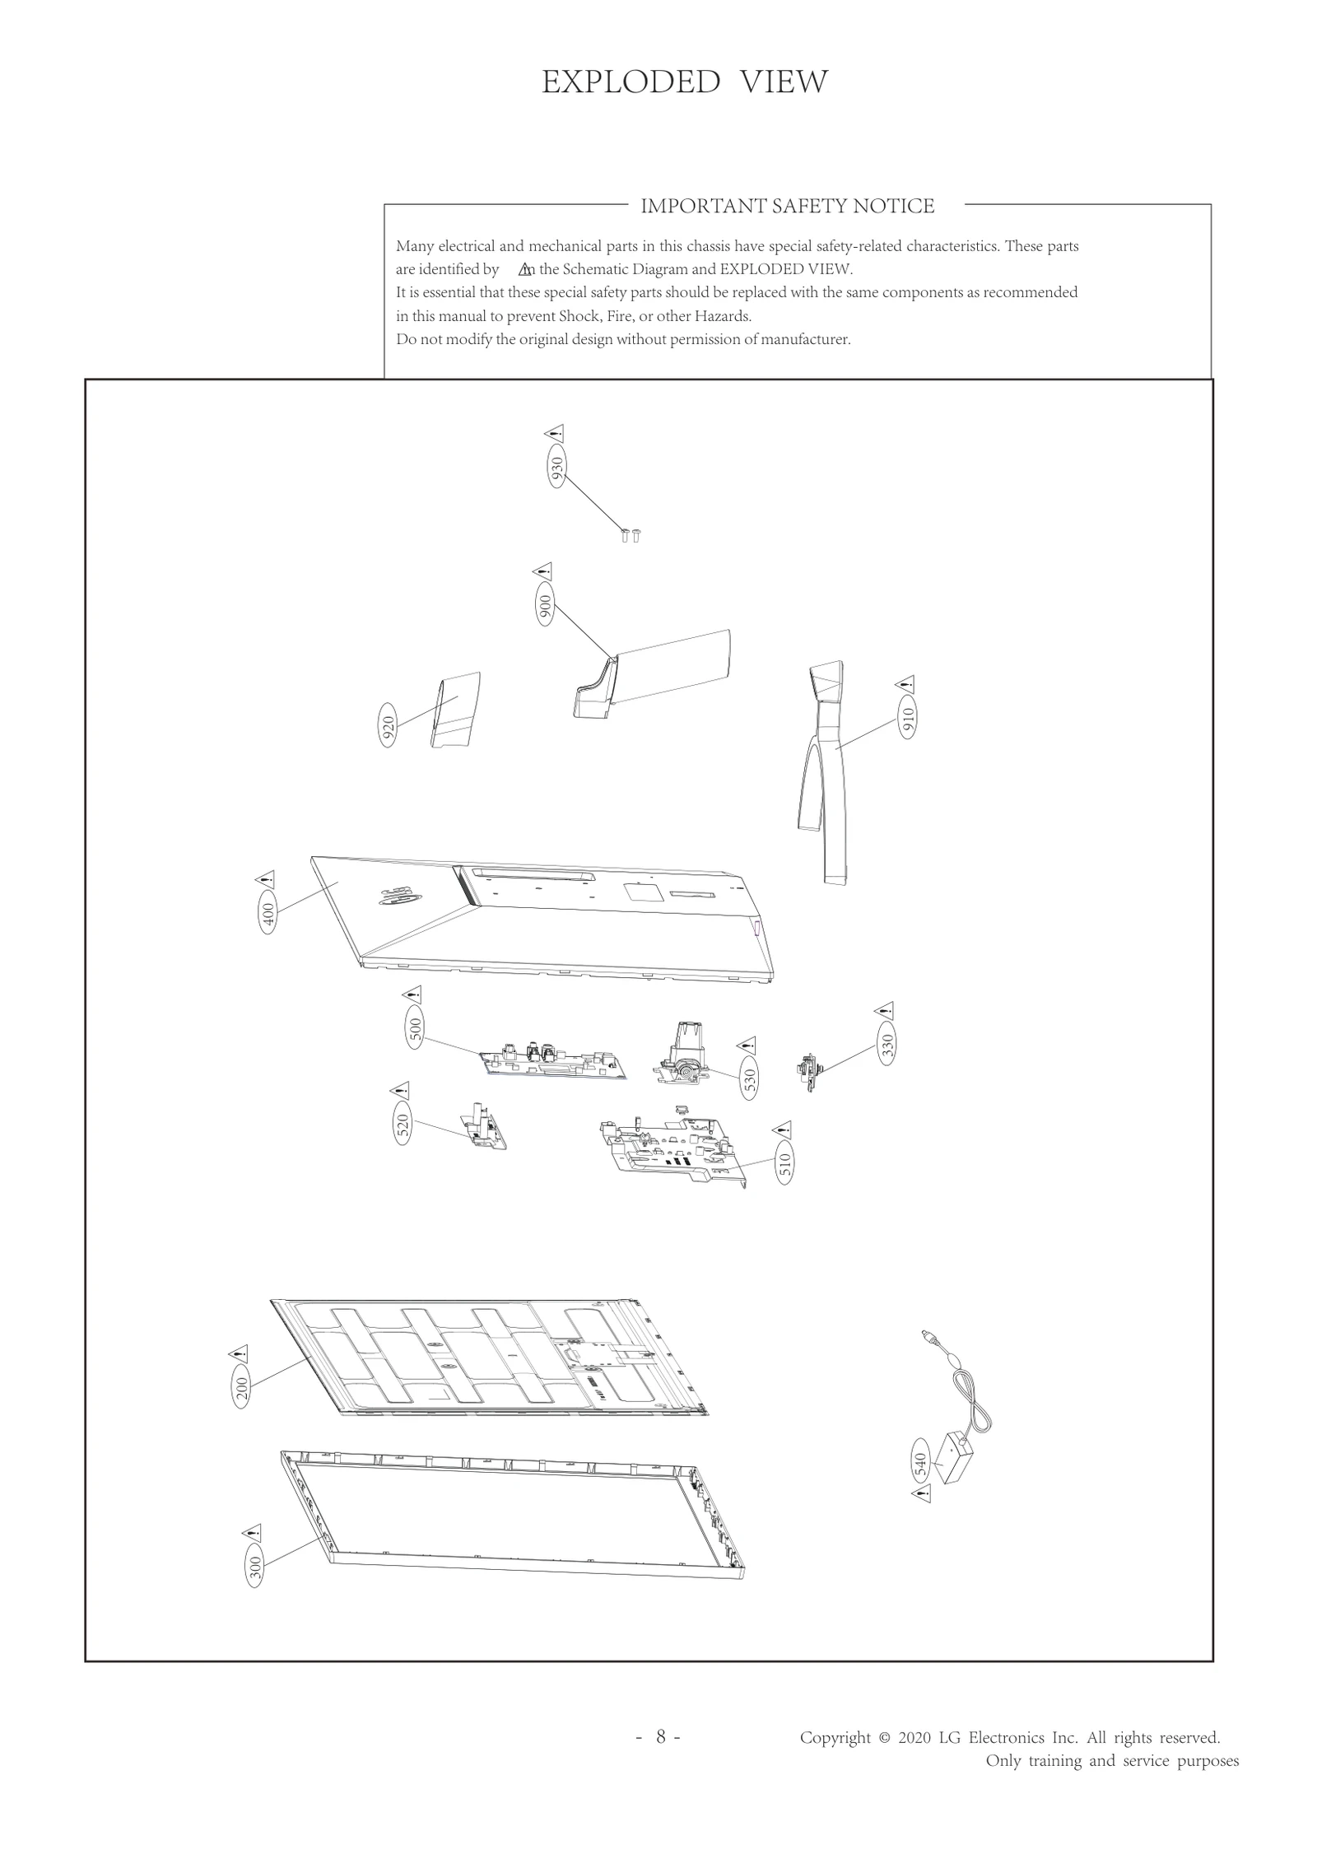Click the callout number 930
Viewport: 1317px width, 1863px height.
557,468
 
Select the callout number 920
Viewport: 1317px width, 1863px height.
388,725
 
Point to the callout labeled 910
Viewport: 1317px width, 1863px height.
907,721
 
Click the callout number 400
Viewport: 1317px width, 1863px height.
268,915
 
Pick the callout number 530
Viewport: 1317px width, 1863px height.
749,1081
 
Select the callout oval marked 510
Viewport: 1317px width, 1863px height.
784,1163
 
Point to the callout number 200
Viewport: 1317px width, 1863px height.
241,1387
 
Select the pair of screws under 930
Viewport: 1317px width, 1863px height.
631,535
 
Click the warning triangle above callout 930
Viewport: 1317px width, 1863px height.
555,434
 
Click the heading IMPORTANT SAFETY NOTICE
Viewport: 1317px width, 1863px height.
787,206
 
